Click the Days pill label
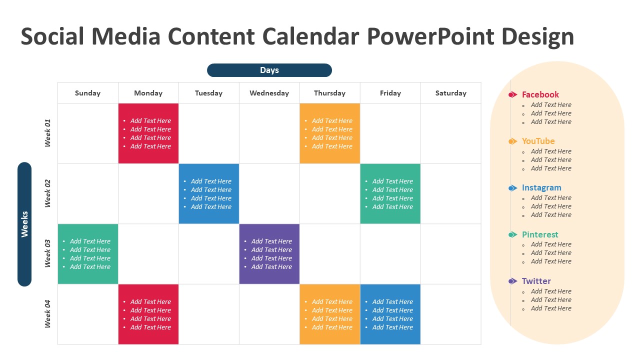(269, 70)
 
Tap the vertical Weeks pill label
(24, 224)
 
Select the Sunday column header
(87, 93)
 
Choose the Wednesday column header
(269, 93)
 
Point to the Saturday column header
(450, 93)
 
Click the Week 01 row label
(48, 133)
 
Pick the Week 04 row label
(48, 314)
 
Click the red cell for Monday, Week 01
(148, 133)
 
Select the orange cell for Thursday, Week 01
(329, 133)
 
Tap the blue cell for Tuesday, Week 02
(209, 193)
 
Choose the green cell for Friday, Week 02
(390, 193)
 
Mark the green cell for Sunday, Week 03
(88, 254)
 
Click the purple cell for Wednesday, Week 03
(269, 254)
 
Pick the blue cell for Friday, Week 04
(390, 314)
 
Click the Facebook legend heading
(540, 94)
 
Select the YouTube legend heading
(538, 141)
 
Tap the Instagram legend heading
(541, 188)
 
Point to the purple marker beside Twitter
(512, 281)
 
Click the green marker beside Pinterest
(512, 235)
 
